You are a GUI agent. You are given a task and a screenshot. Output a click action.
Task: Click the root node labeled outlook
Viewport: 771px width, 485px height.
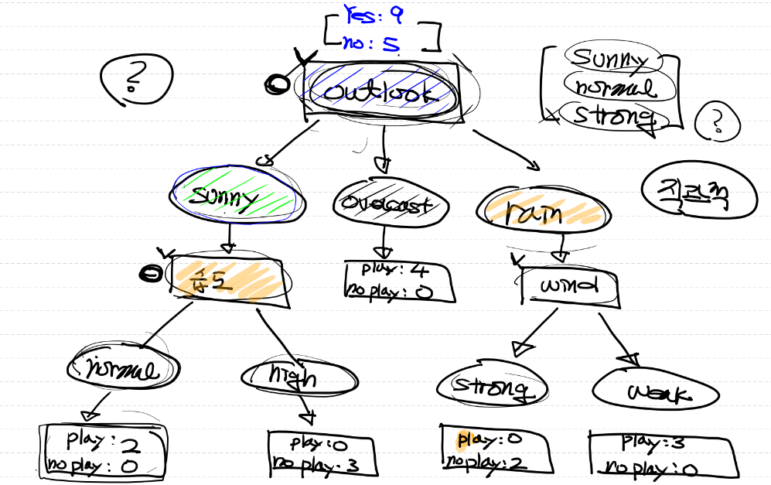pos(381,93)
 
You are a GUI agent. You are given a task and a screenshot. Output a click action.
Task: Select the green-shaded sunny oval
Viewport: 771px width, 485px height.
pos(237,198)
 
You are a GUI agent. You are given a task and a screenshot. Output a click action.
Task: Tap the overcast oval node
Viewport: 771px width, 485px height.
pos(381,204)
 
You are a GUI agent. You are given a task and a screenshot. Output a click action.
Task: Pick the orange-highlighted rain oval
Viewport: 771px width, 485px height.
pos(541,211)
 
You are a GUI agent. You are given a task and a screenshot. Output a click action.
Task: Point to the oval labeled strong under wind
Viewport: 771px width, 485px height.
pos(492,386)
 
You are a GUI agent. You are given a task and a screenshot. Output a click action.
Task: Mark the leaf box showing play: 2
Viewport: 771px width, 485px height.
pos(103,453)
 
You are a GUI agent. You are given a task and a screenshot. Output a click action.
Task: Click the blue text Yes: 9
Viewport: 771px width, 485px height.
pos(374,15)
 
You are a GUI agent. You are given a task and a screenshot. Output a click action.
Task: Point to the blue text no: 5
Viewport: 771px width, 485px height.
pos(374,43)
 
